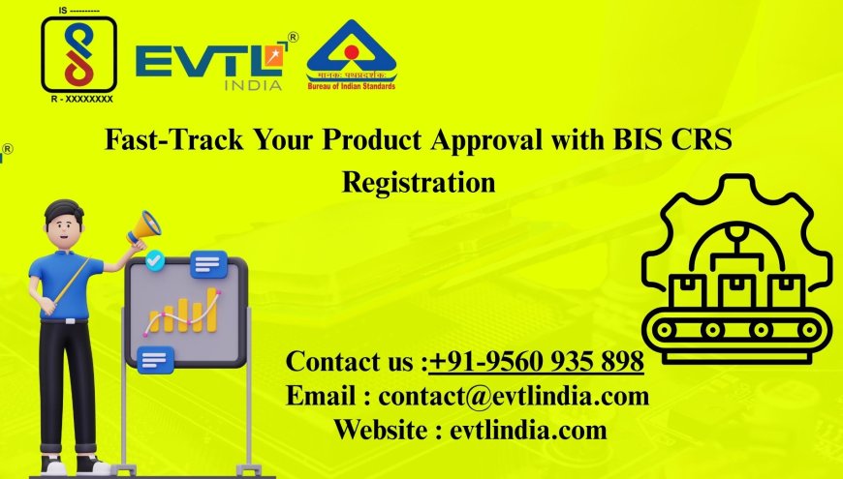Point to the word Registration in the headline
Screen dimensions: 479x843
point(419,181)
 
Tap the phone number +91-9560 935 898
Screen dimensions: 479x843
point(537,362)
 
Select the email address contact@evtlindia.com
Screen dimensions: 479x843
point(514,396)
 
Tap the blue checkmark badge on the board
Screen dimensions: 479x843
point(153,260)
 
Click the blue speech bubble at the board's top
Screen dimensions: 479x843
point(208,263)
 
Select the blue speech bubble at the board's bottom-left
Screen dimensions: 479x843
point(154,361)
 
